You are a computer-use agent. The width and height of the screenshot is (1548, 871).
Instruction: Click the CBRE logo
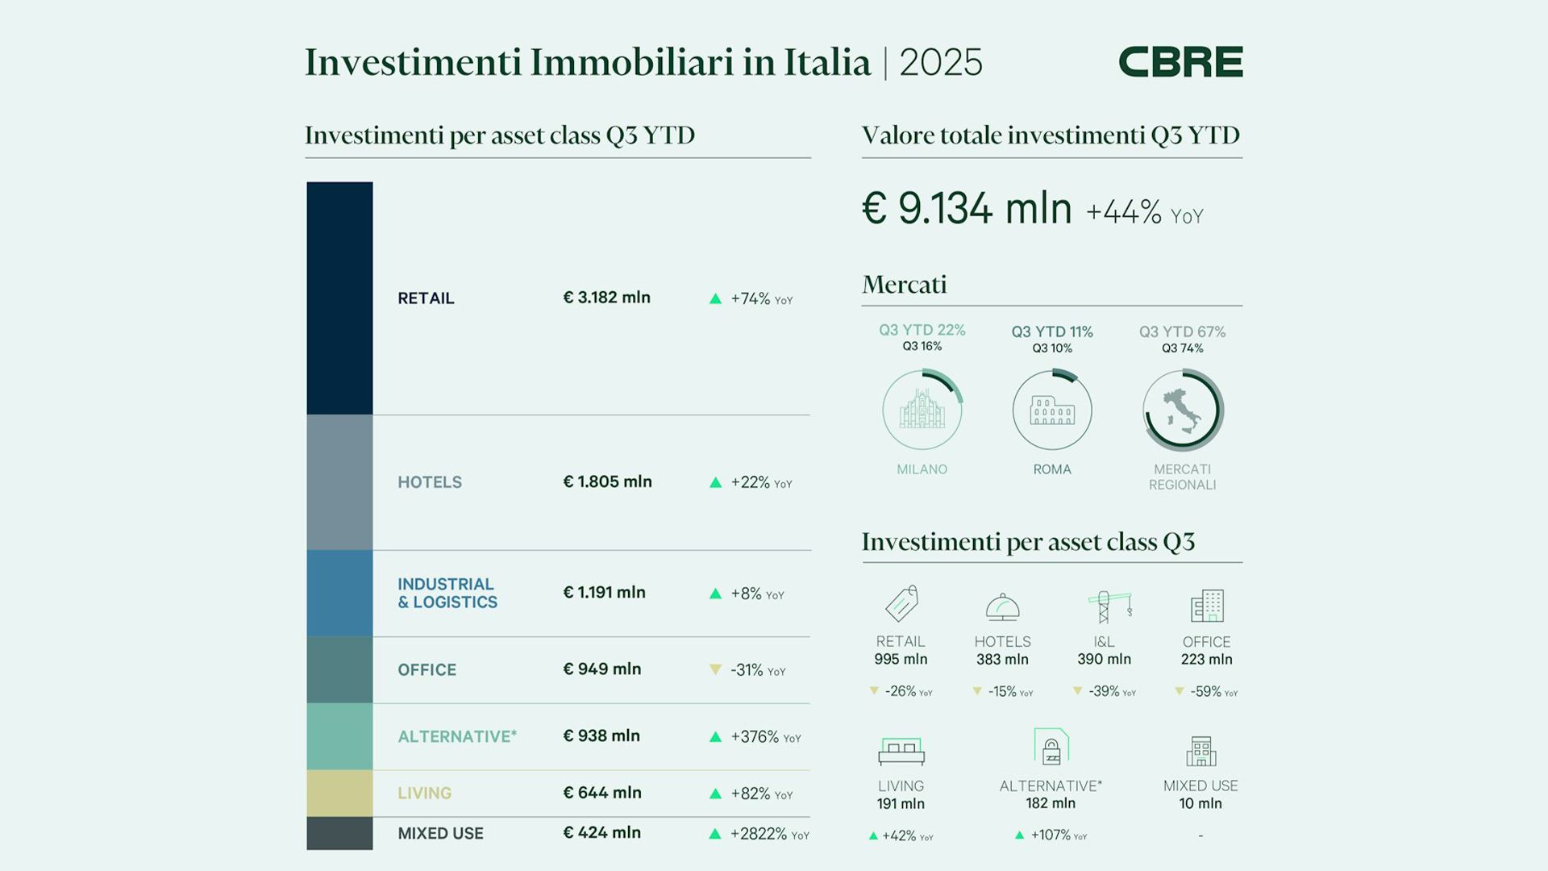tap(1180, 62)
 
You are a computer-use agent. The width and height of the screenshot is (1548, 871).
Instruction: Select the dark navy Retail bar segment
tap(339, 298)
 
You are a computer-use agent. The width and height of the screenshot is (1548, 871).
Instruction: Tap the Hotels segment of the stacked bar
tap(339, 482)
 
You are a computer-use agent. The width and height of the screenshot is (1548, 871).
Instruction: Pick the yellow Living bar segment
tap(339, 793)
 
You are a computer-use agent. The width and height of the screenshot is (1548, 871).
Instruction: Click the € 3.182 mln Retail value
tap(606, 298)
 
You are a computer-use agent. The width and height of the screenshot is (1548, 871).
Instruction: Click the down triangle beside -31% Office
tap(715, 669)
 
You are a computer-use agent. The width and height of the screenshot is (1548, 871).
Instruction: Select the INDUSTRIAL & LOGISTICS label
tap(447, 593)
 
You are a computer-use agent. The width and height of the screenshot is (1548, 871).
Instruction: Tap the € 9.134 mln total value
tap(967, 209)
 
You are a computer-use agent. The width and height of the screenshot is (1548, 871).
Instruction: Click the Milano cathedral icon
tap(922, 410)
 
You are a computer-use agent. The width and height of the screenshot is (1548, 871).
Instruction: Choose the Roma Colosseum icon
tap(1052, 410)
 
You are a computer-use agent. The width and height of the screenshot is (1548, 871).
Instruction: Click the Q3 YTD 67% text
tap(1182, 331)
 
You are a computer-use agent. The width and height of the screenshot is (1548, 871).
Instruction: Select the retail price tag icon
tap(901, 604)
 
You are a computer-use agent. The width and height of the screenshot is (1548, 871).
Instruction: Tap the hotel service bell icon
tap(1002, 606)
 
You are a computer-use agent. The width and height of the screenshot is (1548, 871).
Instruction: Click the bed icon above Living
tap(901, 750)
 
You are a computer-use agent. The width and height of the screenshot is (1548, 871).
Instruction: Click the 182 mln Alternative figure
tap(1051, 803)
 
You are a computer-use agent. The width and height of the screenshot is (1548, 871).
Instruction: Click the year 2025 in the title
tap(941, 63)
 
